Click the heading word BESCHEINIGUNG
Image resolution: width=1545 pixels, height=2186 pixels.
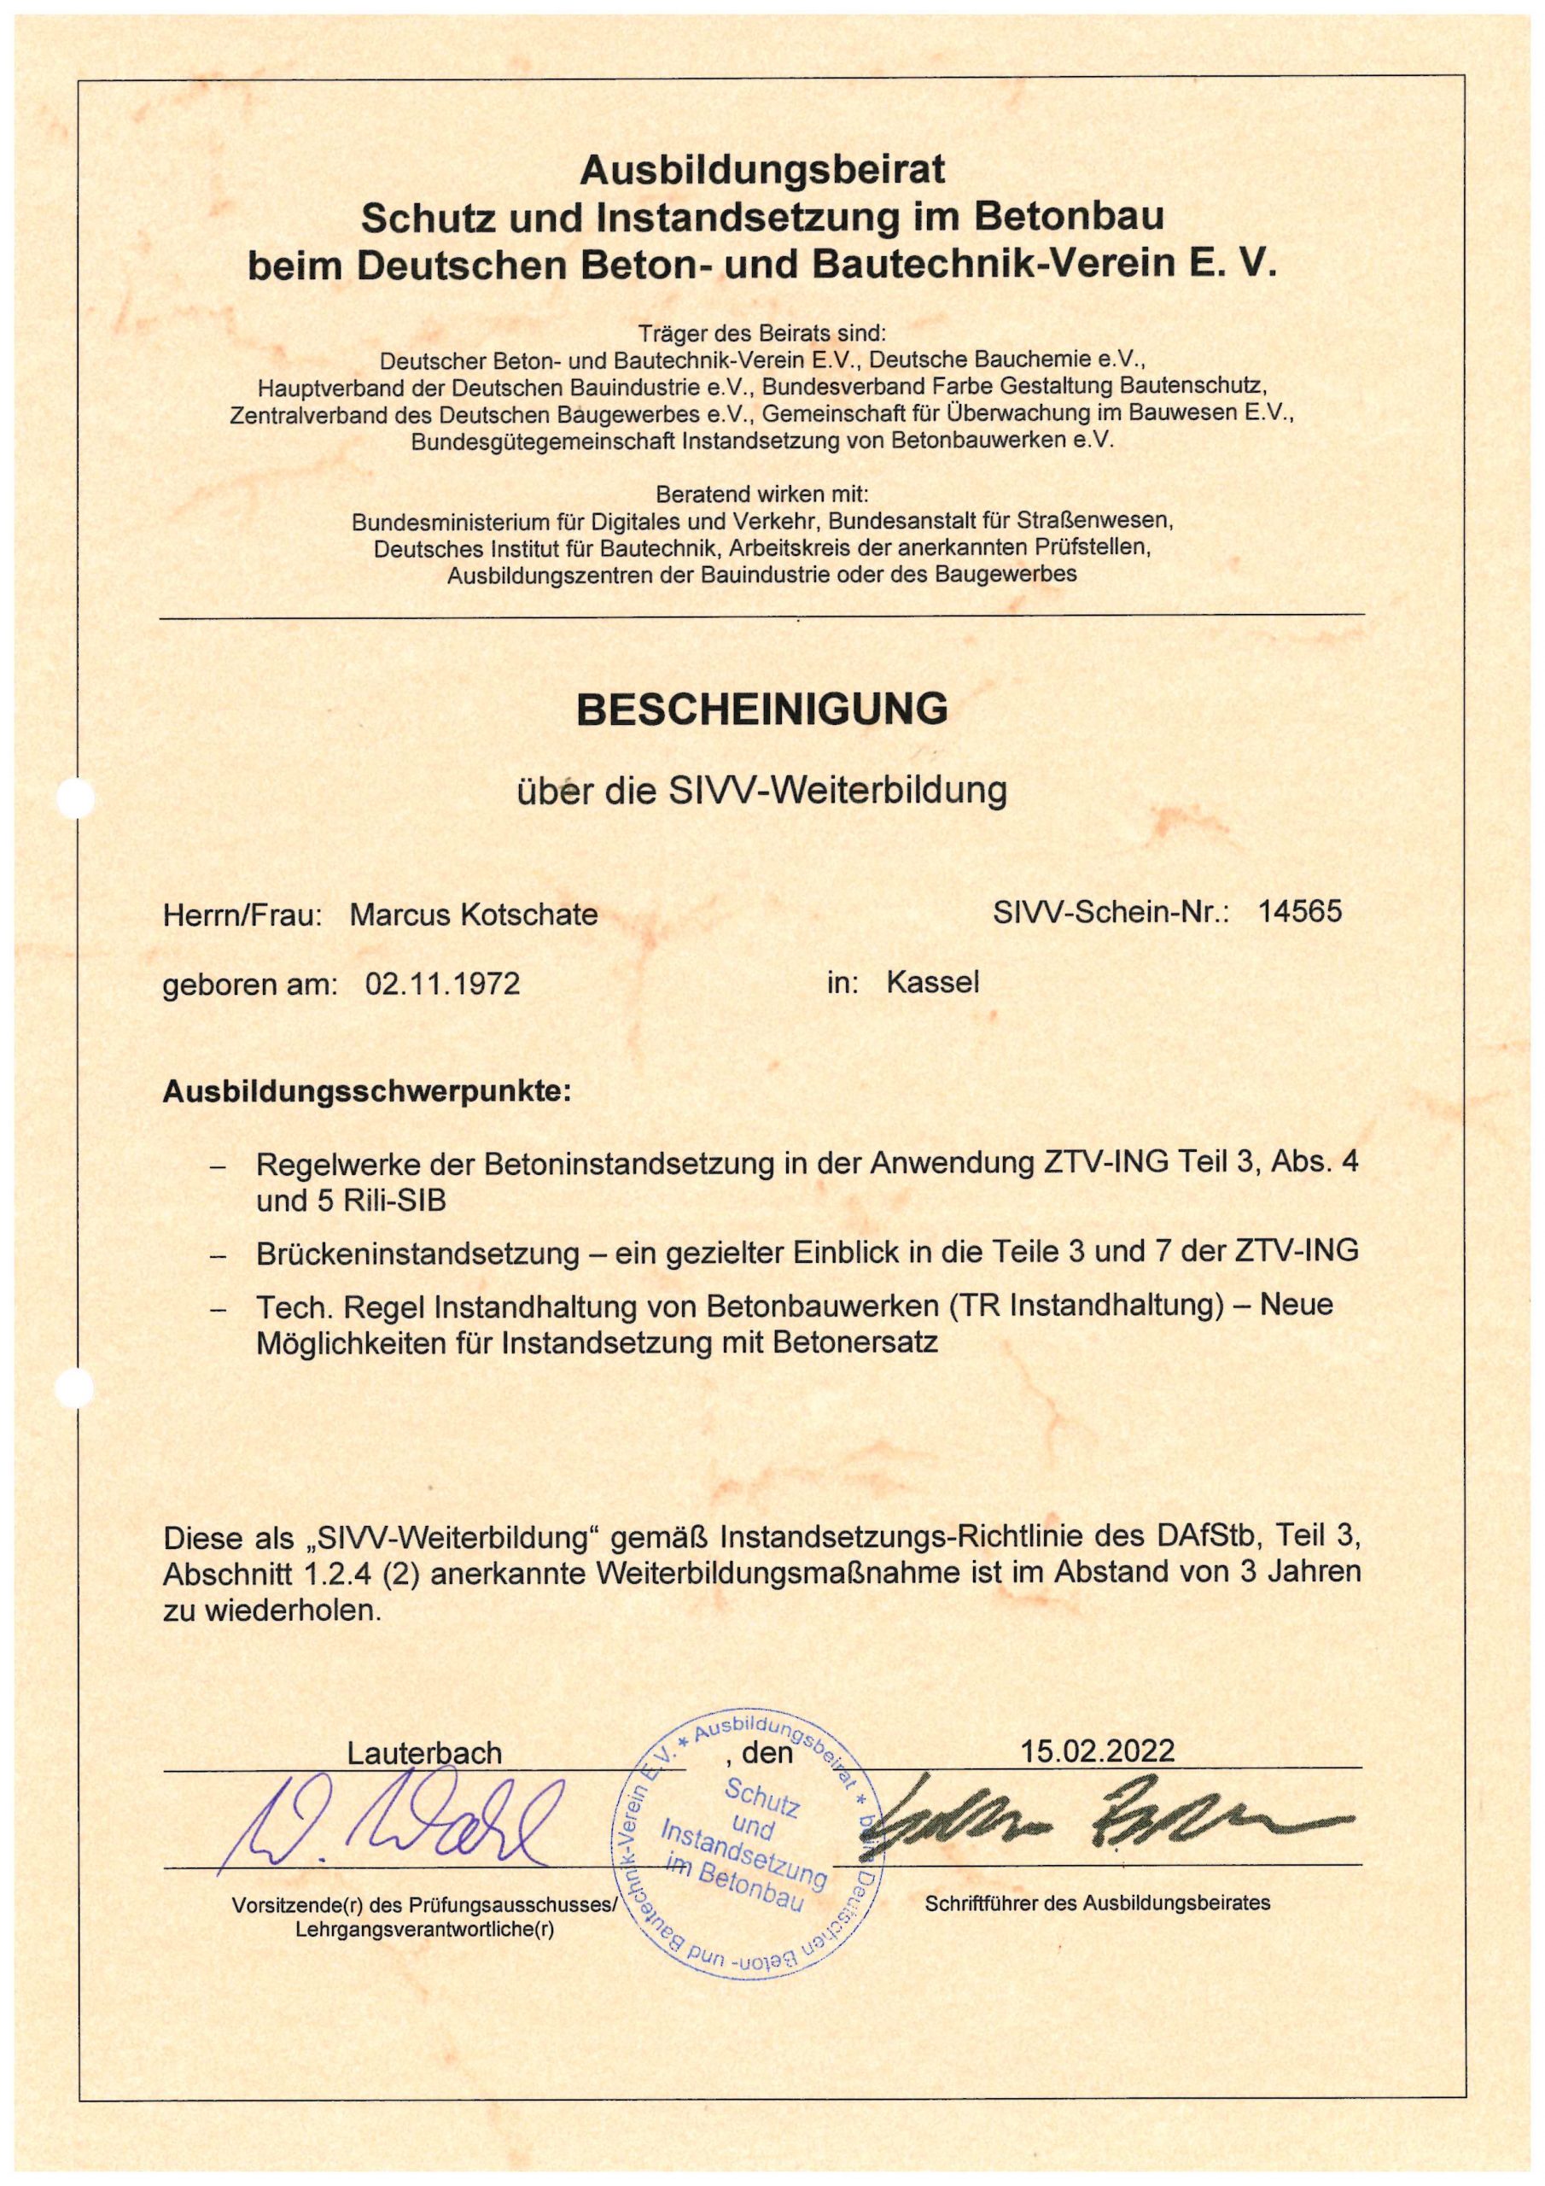point(761,710)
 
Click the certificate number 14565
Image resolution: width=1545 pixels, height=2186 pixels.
point(1299,911)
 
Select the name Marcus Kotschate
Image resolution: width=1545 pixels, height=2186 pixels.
point(473,915)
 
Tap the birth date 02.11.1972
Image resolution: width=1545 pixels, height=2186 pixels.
point(443,983)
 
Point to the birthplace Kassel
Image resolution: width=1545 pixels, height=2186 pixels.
point(932,982)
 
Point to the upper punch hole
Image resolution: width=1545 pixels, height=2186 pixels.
point(75,797)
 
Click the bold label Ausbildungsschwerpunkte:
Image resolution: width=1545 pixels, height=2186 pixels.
point(367,1090)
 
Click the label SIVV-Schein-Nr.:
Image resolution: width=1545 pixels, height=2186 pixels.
point(1111,912)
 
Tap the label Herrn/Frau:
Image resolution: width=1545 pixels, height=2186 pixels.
point(242,915)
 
